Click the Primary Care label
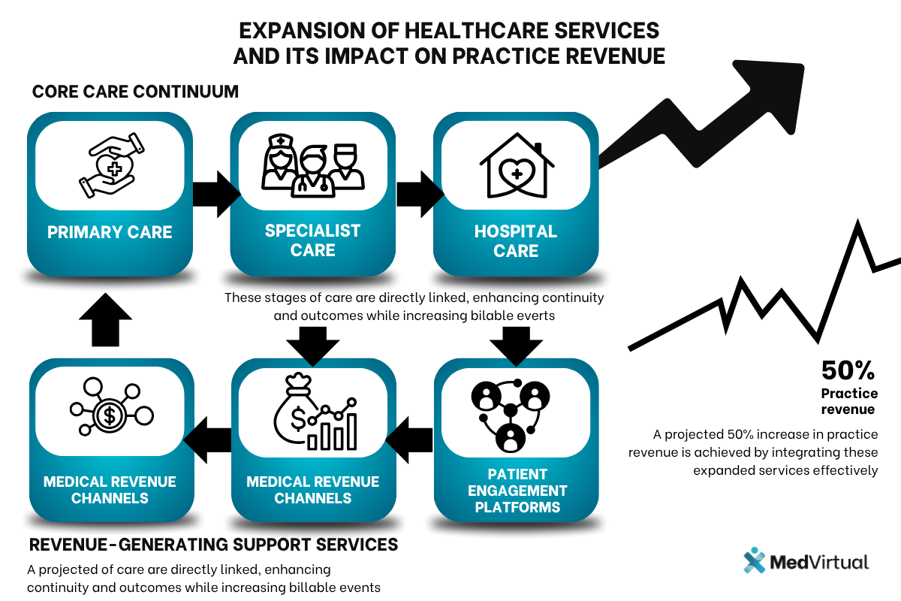pyautogui.click(x=110, y=232)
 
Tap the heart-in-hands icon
pyautogui.click(x=110, y=165)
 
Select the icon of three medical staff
pyautogui.click(x=312, y=163)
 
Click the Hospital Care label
pyautogui.click(x=516, y=240)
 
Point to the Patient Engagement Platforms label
pyautogui.click(x=516, y=491)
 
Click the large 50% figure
pyautogui.click(x=848, y=370)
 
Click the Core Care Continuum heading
pyautogui.click(x=135, y=92)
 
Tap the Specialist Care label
pyautogui.click(x=312, y=240)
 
